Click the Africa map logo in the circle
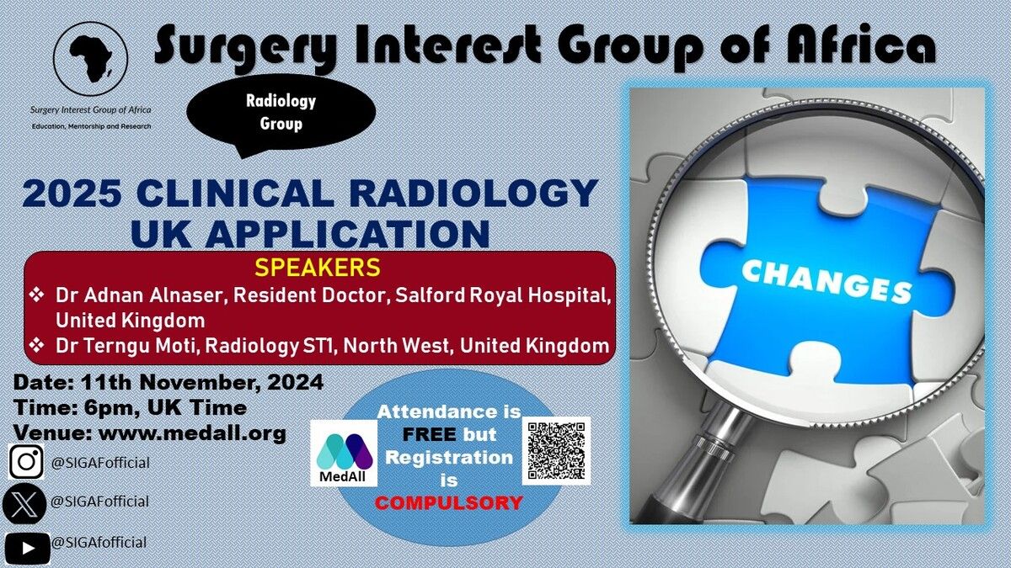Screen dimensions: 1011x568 coord(90,59)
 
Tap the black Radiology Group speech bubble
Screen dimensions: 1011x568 coord(281,114)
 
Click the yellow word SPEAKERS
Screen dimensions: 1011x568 coord(318,268)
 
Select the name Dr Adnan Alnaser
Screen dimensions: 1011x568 coord(139,295)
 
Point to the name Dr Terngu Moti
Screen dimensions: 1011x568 coord(128,346)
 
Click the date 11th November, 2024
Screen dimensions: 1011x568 coord(202,382)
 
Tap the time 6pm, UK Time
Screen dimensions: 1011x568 coord(165,407)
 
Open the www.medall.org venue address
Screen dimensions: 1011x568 coord(192,433)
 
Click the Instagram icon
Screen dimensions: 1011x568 coord(26,461)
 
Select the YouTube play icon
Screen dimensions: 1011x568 coord(28,548)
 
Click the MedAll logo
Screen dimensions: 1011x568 coord(344,454)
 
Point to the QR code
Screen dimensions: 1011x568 coord(557,451)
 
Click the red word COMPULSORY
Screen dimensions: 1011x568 coord(448,502)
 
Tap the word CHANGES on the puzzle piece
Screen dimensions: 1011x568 coord(826,282)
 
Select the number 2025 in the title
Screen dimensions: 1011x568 coord(72,194)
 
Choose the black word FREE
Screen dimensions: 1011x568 coord(429,434)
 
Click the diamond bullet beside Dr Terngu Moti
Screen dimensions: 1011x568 coord(36,345)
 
